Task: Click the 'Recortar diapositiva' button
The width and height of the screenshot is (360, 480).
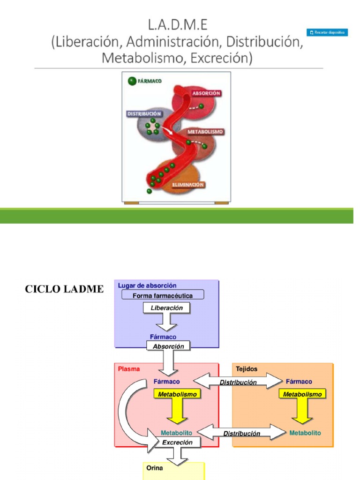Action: (327, 32)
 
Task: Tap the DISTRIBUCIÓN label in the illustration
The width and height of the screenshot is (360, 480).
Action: (144, 114)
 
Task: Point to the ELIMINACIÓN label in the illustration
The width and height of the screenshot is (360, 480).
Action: (188, 185)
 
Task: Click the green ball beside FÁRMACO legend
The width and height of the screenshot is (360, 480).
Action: (132, 81)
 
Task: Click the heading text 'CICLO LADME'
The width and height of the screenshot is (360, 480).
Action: (64, 289)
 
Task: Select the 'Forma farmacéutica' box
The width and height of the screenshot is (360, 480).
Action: (163, 295)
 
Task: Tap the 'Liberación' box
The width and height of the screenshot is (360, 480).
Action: (166, 308)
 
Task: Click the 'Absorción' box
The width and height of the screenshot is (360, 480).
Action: (169, 346)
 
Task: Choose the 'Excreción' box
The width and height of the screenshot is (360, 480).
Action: (177, 442)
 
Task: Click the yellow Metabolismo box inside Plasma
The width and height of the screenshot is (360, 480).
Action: (177, 394)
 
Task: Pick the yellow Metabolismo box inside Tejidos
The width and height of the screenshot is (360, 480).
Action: (302, 394)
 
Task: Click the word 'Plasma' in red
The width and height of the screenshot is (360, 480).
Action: (129, 369)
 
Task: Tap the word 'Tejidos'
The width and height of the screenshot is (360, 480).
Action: (247, 369)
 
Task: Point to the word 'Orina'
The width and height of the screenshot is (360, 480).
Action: (155, 468)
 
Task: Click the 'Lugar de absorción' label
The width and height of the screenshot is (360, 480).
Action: (147, 285)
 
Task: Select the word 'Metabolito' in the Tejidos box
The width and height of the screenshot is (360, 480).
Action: (305, 433)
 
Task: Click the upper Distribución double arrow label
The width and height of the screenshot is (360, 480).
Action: (238, 382)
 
